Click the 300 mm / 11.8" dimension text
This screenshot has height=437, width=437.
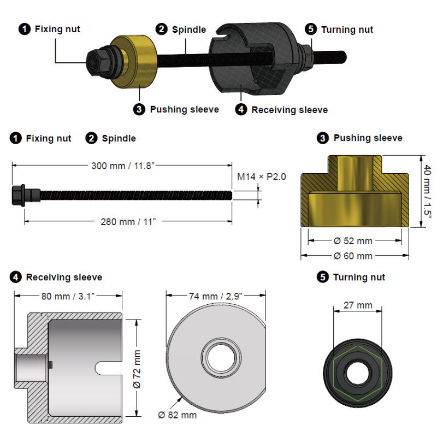pyautogui.click(x=123, y=166)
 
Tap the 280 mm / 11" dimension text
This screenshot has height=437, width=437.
pyautogui.click(x=127, y=221)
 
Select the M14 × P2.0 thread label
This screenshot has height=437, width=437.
pyautogui.click(x=262, y=176)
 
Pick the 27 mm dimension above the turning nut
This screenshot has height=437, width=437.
pyautogui.click(x=357, y=306)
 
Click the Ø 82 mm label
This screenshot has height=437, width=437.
pyautogui.click(x=178, y=415)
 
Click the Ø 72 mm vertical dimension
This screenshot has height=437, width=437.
pyautogui.click(x=138, y=369)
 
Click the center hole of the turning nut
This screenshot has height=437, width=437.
pyautogui.click(x=357, y=374)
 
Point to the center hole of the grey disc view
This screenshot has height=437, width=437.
pyautogui.click(x=217, y=358)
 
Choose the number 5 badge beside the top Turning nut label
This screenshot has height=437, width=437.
pyautogui.click(x=312, y=29)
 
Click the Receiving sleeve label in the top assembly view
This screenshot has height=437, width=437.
pyautogui.click(x=290, y=110)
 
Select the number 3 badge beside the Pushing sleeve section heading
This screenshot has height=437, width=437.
pyautogui.click(x=323, y=138)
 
